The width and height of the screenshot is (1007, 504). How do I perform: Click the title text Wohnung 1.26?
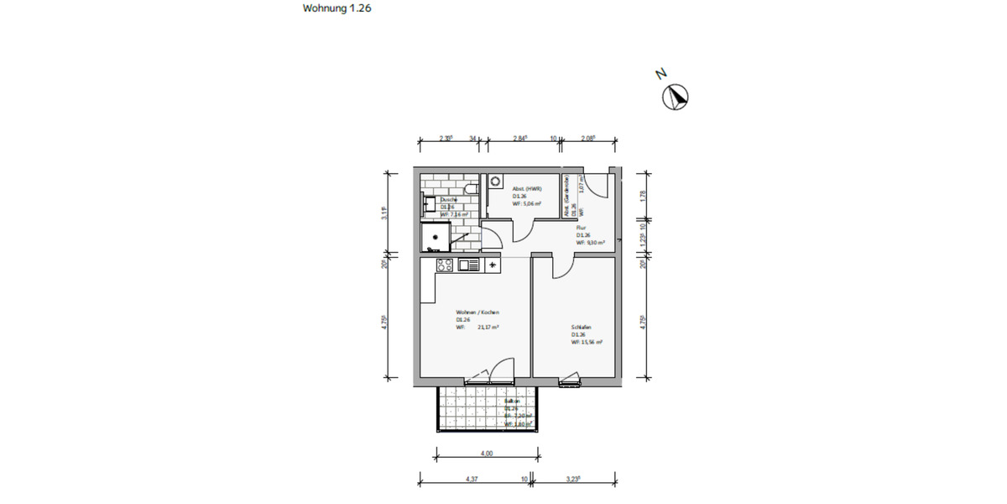click(337, 9)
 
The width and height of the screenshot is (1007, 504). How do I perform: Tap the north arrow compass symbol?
click(676, 97)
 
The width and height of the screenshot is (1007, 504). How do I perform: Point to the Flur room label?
click(581, 227)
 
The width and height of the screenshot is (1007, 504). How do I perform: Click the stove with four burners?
click(445, 265)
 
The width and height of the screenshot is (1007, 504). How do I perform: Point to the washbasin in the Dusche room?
click(429, 204)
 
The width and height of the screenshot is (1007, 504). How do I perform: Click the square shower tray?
click(436, 237)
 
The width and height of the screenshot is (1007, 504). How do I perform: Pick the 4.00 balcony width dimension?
click(487, 454)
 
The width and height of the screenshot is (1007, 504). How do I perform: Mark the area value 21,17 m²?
click(488, 328)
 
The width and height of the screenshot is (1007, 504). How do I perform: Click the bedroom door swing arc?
click(561, 267)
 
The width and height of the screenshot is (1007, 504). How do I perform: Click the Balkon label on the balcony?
click(513, 402)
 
